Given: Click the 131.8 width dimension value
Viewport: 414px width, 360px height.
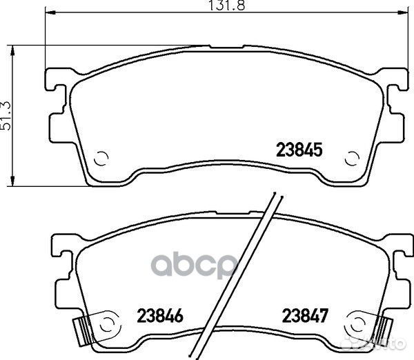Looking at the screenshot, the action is pyautogui.click(x=226, y=5).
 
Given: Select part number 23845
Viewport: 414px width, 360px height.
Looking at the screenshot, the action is pyautogui.click(x=299, y=150).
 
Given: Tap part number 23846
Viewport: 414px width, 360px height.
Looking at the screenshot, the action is pyautogui.click(x=160, y=316).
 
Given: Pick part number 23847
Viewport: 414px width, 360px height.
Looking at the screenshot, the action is pyautogui.click(x=305, y=316).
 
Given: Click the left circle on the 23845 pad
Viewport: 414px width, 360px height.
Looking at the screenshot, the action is pyautogui.click(x=101, y=159).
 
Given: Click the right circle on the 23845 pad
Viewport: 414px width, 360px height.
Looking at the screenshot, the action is pyautogui.click(x=352, y=159).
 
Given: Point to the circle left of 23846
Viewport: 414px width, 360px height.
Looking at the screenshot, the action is pyautogui.click(x=107, y=325).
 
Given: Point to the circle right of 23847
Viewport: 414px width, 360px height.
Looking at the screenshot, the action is pyautogui.click(x=358, y=325).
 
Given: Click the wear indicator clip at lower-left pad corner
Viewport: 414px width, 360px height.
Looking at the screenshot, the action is pyautogui.click(x=81, y=331).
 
